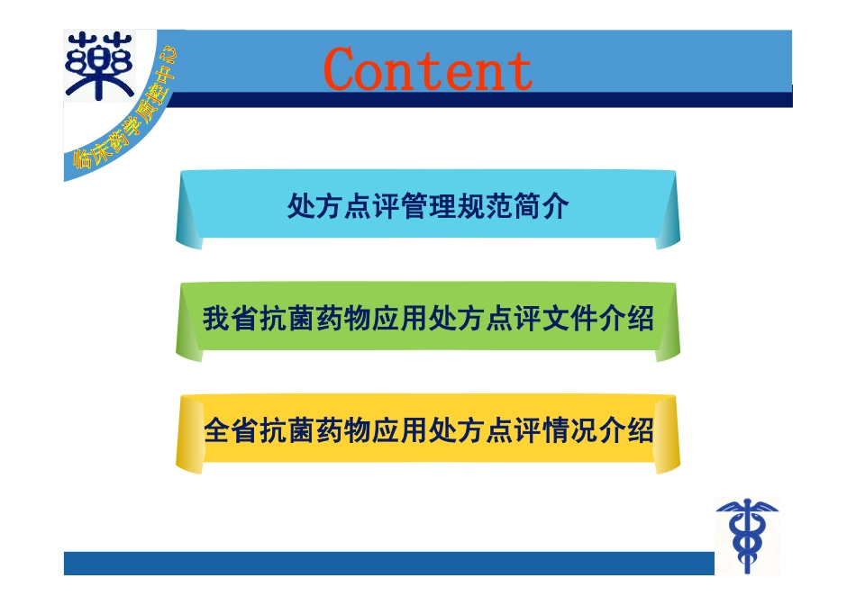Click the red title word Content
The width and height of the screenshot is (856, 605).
pyautogui.click(x=428, y=69)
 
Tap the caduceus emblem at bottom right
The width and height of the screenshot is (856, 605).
pyautogui.click(x=746, y=535)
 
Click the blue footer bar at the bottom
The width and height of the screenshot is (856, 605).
pyautogui.click(x=387, y=564)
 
